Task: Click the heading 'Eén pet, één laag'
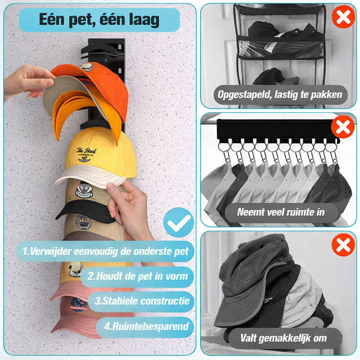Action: coord(99,20)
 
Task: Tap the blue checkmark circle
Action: coord(179,222)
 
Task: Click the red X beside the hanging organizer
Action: coord(343,17)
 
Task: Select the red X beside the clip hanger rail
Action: coord(343,127)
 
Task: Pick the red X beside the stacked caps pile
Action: coord(343,245)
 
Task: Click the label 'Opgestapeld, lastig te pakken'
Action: coord(280,95)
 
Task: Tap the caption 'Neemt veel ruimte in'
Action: coord(281,212)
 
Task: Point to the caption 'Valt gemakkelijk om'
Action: coord(283,338)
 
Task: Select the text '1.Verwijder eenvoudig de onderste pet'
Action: coord(105,251)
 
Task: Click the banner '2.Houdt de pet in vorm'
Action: coord(137,276)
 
